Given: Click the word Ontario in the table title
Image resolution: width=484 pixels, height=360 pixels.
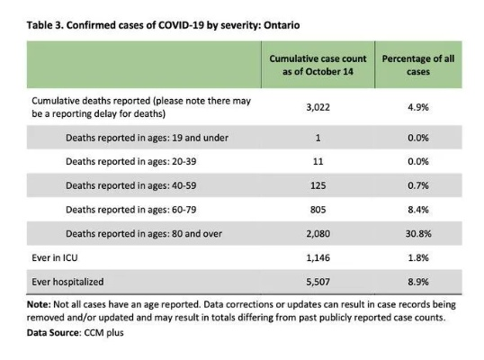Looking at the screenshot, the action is (x=282, y=25).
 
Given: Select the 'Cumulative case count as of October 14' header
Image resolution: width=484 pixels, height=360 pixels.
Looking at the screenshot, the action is (x=318, y=65).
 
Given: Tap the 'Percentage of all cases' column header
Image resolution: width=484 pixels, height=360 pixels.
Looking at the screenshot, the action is (x=418, y=65).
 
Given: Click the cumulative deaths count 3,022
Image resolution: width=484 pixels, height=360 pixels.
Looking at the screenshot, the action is (x=318, y=107).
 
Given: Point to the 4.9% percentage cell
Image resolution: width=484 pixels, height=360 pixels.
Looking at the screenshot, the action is (x=418, y=107).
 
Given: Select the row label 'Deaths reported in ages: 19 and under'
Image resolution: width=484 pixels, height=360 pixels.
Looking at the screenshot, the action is (x=147, y=138).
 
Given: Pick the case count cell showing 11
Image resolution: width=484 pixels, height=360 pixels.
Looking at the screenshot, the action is (x=318, y=161).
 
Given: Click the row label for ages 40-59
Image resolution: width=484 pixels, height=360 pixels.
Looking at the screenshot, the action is (x=130, y=185).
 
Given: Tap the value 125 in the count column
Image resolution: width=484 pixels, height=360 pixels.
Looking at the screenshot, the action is (x=318, y=185).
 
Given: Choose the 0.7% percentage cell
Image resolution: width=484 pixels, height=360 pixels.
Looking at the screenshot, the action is (x=418, y=185).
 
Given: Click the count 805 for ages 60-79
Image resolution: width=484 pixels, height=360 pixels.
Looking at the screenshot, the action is (x=318, y=210).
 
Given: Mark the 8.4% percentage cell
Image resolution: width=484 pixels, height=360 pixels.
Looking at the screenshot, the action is (x=418, y=210).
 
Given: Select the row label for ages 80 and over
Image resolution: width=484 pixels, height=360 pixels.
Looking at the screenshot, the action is (x=144, y=234).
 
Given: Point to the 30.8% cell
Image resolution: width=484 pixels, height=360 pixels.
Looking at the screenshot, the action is (x=418, y=234).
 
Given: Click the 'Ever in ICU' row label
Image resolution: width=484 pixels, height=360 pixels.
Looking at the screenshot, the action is (x=55, y=257).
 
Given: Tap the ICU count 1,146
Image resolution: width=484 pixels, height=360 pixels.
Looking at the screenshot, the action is (x=318, y=257).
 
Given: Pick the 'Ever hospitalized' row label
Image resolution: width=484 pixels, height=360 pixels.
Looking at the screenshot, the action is (x=67, y=282).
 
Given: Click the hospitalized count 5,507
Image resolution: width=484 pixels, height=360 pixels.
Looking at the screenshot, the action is (x=318, y=282).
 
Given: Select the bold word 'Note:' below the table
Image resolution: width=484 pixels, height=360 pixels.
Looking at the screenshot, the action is (x=39, y=304).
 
